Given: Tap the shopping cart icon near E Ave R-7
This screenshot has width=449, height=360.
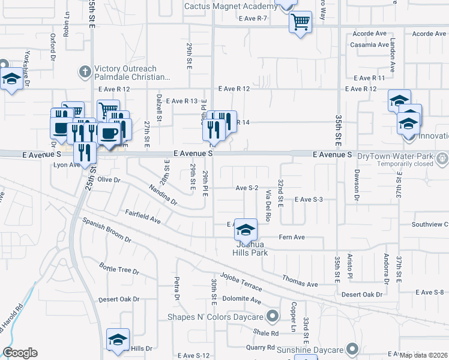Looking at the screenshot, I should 300,23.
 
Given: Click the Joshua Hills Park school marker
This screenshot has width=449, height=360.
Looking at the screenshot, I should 245,230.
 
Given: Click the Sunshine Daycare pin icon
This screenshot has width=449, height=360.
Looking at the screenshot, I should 352,348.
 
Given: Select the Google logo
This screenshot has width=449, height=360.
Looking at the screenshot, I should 20,353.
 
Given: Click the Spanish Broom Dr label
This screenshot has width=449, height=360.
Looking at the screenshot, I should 107,230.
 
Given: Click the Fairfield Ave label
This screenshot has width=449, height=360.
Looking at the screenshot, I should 143,217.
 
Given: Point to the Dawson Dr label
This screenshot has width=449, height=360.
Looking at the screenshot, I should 355,188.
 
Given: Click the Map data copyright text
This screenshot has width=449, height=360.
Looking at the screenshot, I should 423,355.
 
